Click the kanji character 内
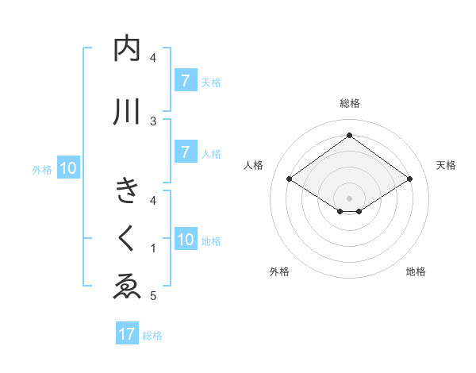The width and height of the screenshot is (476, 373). click(127, 49)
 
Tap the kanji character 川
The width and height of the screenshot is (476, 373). click(127, 111)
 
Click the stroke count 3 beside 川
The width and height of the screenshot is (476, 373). click(153, 121)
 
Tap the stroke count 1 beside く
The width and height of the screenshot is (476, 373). click(153, 248)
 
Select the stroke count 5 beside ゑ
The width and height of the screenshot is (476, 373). click(153, 296)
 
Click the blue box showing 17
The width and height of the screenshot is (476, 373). click(127, 334)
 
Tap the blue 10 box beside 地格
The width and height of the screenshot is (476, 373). click(186, 240)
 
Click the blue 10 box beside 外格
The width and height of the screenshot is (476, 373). click(68, 168)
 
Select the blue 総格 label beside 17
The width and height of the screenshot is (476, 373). click(152, 336)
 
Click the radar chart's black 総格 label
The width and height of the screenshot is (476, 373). click(349, 103)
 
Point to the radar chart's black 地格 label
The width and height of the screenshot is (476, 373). click(416, 271)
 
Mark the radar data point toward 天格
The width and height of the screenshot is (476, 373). click(409, 179)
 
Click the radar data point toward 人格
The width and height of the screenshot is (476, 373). click(290, 179)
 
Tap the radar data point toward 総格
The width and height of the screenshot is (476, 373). click(349, 136)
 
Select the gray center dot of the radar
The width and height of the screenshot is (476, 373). click(349, 197)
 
